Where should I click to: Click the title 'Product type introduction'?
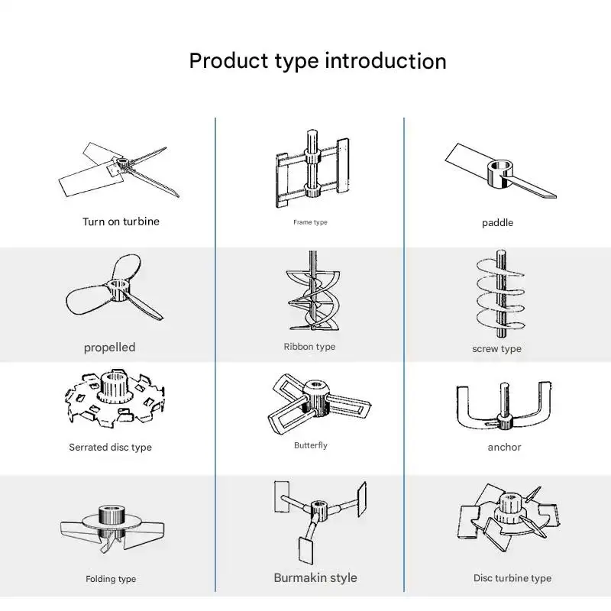318,62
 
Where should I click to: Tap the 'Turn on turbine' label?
121,221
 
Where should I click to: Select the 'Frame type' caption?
310,222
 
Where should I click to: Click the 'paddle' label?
497,223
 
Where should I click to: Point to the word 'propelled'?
109,348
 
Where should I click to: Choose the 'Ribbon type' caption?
309,347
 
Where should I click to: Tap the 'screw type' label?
496,349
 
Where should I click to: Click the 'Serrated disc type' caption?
110,447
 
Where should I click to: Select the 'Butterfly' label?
311,445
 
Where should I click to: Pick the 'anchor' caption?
504,447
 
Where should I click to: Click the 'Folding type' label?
111,579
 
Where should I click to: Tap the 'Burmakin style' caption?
315,577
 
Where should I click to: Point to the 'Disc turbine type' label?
512,578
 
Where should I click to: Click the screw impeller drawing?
501,294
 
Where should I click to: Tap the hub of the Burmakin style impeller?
319,510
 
